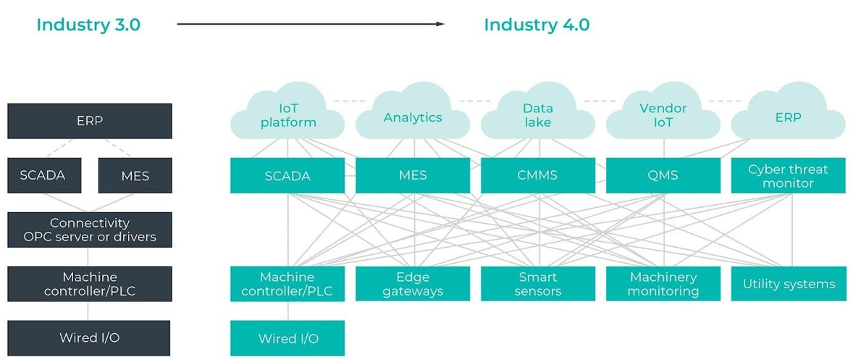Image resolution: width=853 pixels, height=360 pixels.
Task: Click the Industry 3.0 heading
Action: coord(88,25)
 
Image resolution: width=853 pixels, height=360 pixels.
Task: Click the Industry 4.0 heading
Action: coord(537,25)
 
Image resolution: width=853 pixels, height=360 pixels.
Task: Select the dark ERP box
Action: coord(90,121)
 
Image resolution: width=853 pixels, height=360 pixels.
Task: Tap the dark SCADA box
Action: coord(43,175)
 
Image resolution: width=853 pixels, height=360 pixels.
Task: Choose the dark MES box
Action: coord(135,175)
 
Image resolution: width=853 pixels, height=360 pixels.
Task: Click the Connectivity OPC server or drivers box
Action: coord(90,230)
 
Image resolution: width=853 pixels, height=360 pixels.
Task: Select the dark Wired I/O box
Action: coord(90,338)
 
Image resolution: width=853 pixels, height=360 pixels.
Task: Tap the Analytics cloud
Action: coord(413,117)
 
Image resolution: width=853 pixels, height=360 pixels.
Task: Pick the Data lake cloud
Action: coord(537,116)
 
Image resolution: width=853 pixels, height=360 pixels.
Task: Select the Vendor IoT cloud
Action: coord(663,116)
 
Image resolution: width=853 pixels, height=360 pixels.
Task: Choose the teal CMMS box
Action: coord(537,175)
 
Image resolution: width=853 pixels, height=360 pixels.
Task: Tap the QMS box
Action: coord(663,175)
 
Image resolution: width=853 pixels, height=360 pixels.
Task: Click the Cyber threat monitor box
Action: coord(788,175)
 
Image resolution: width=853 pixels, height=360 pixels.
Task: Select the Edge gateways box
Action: coord(413,284)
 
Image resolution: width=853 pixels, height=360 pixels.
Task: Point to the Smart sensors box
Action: coord(537,284)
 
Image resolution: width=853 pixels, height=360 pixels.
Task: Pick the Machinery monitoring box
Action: coord(663,284)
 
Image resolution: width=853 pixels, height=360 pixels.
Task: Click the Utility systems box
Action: coord(788,284)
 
